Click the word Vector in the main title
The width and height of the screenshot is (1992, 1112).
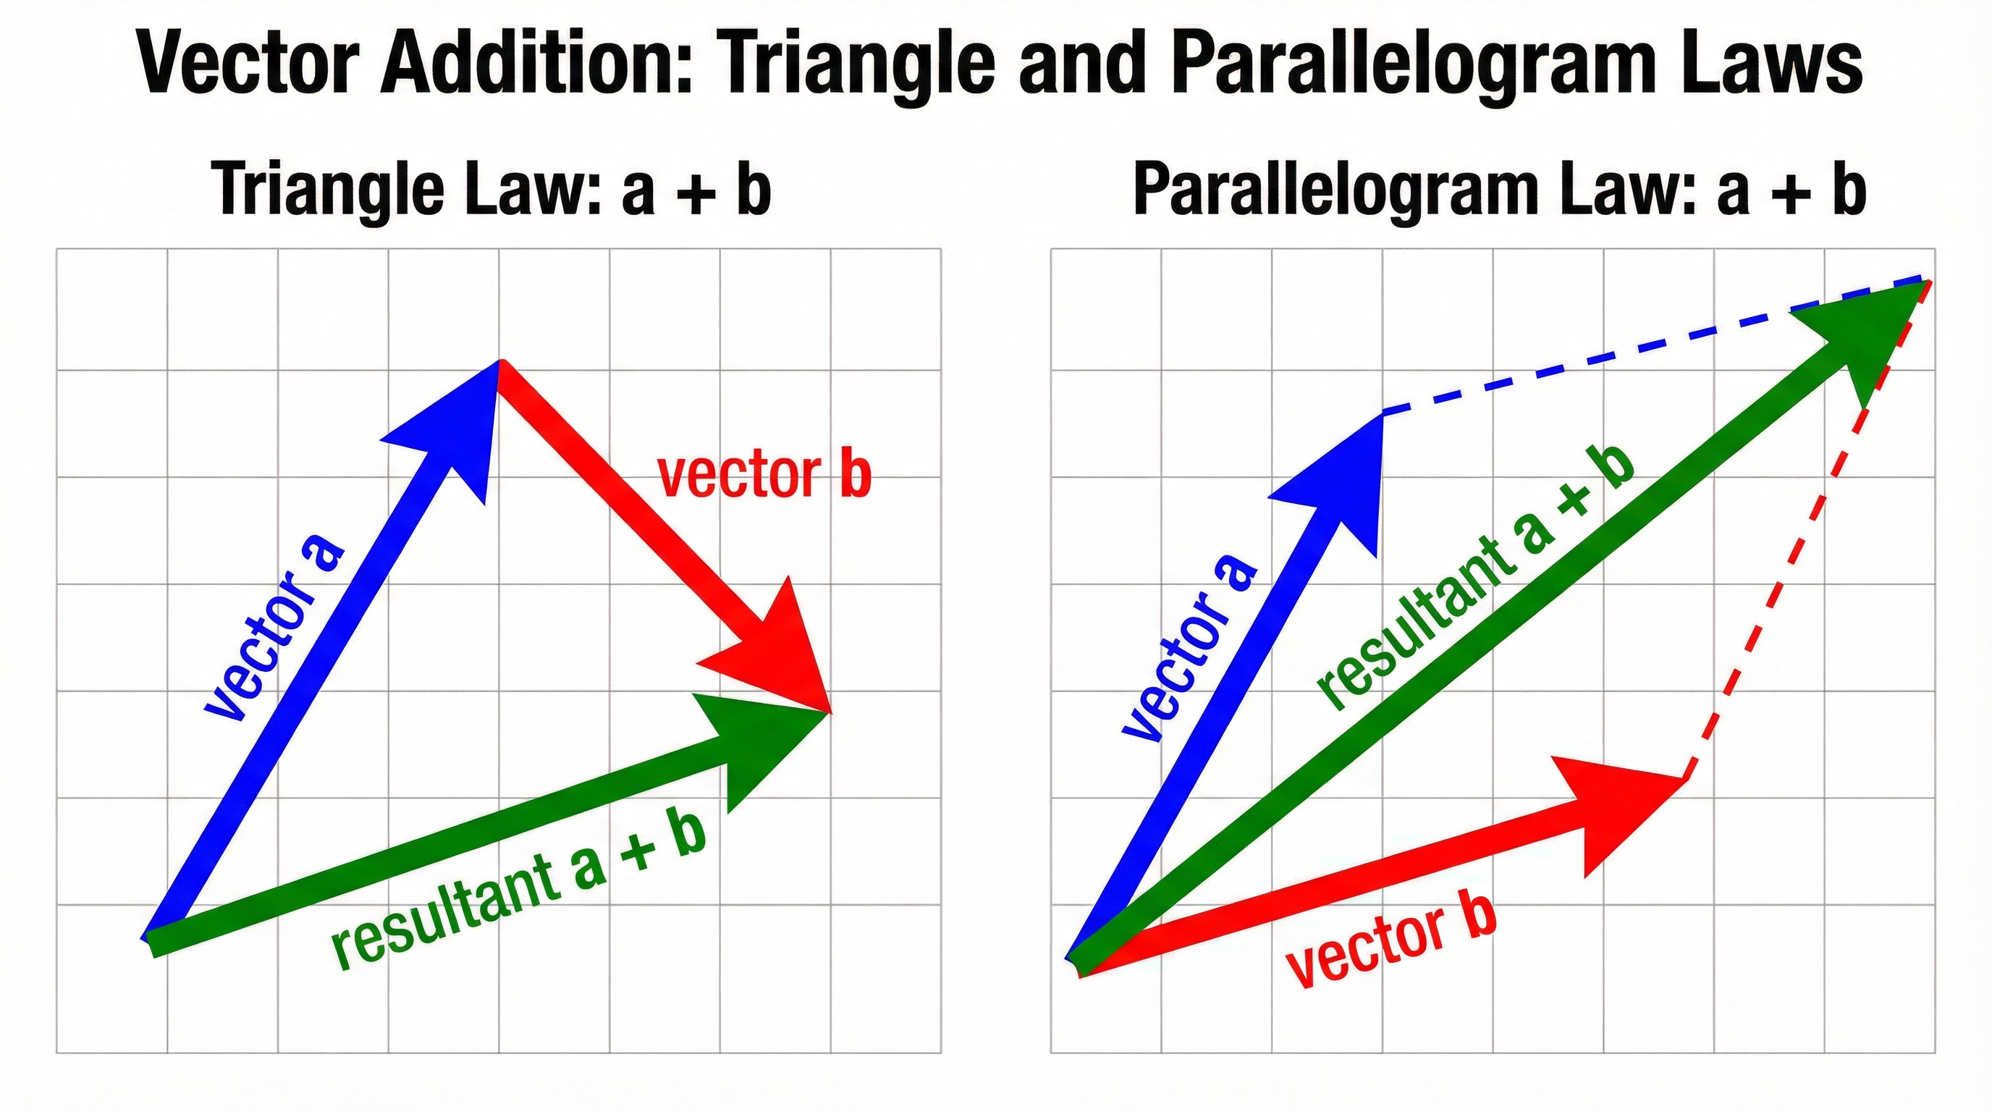(x=249, y=64)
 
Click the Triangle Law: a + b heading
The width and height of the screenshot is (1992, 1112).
(x=491, y=190)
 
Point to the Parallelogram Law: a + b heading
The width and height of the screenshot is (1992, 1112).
(x=1499, y=190)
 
